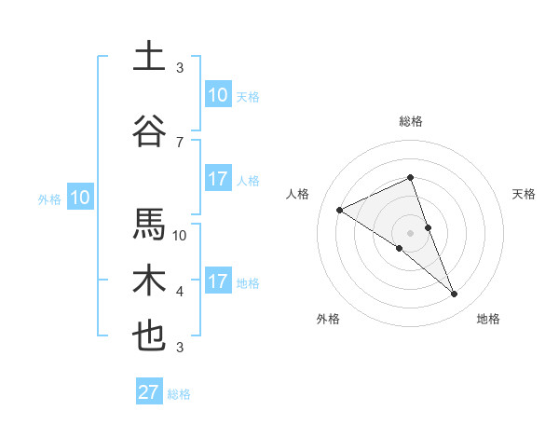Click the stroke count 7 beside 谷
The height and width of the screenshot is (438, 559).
tap(180, 143)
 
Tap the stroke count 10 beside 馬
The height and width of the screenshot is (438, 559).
tap(180, 236)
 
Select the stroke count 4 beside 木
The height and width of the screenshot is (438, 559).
tap(180, 292)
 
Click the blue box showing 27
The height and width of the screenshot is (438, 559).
tap(149, 392)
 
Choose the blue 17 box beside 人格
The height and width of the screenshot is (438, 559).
tap(218, 179)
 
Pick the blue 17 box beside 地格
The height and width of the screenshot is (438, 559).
tap(218, 281)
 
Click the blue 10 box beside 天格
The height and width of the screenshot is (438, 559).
tap(218, 95)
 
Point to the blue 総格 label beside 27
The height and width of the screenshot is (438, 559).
tap(180, 394)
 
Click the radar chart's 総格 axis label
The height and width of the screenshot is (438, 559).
tap(411, 121)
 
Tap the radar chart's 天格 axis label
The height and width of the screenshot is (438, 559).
tap(525, 194)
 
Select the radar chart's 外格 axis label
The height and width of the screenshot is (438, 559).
tap(328, 319)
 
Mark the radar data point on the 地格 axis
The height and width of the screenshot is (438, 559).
tap(455, 294)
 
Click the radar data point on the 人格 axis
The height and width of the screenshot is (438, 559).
tap(340, 210)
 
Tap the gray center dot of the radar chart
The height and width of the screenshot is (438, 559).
tap(411, 233)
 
